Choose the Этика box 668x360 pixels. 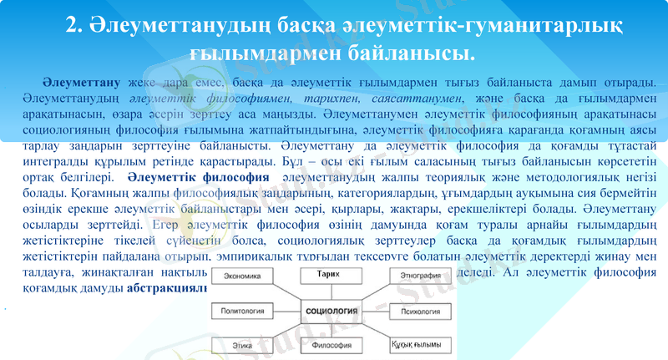pos(243,344)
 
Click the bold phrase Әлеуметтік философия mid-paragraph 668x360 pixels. pos(199,179)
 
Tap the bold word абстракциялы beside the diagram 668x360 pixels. pos(166,289)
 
